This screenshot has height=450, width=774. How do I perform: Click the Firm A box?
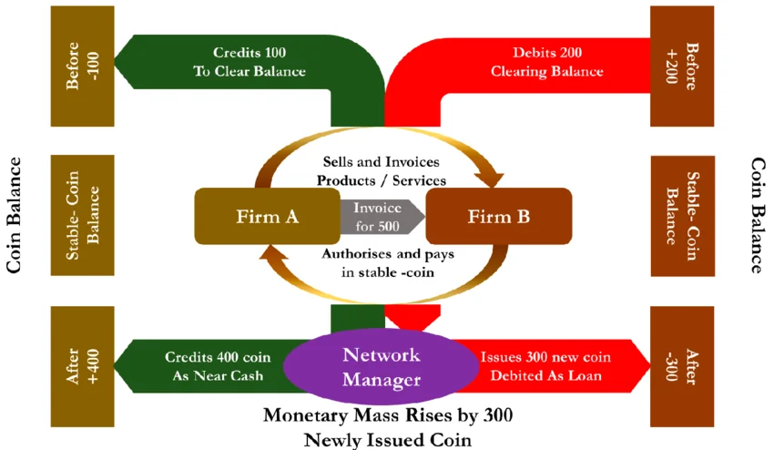tap(268, 216)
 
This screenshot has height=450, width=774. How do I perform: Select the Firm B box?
tap(499, 216)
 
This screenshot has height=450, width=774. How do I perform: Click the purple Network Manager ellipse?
tap(381, 366)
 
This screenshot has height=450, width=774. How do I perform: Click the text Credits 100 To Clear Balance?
tap(249, 62)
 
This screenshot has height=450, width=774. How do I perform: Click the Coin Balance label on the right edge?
tap(758, 215)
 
